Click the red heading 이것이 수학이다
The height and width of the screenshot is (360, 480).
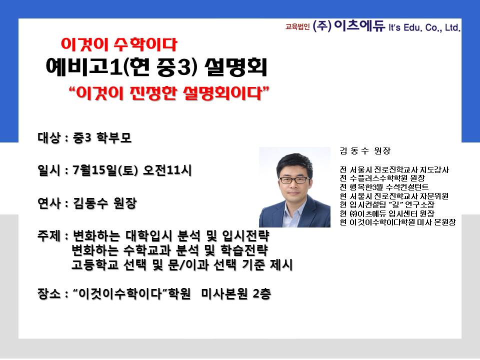(x=119, y=44)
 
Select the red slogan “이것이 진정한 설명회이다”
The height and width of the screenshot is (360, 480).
(x=169, y=93)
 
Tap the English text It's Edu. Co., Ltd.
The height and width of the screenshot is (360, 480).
(x=424, y=27)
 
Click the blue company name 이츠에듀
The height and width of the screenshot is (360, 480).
(x=359, y=26)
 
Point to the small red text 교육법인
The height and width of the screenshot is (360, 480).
(x=297, y=27)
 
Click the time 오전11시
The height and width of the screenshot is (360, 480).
(x=167, y=170)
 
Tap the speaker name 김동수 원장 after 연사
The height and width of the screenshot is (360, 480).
(x=104, y=203)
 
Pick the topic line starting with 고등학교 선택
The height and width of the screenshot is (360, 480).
(x=182, y=265)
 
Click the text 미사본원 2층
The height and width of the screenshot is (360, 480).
(x=236, y=294)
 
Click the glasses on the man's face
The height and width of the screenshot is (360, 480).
(x=294, y=180)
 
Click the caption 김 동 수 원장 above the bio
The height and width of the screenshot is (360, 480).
(x=365, y=150)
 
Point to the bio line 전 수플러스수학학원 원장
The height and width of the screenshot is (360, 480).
(x=382, y=178)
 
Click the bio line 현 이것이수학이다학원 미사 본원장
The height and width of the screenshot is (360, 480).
(x=397, y=222)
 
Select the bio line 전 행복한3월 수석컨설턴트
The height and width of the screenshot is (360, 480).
(x=384, y=187)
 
